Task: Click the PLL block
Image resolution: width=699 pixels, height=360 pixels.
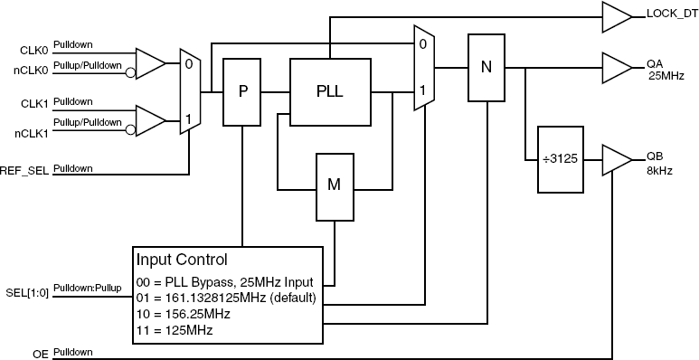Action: (329, 91)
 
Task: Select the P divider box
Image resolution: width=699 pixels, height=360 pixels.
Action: (241, 91)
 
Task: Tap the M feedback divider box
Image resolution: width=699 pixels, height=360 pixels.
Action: (334, 185)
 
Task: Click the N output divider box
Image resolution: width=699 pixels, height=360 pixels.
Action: (485, 68)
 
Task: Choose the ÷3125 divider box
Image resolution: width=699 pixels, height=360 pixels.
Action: (562, 159)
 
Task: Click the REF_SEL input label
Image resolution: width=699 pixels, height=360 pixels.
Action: (25, 170)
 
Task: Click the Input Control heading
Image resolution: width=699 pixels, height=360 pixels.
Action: (188, 260)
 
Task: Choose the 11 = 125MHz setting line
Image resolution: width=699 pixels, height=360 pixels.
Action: (175, 330)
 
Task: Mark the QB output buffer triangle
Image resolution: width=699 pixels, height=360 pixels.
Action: (616, 159)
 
